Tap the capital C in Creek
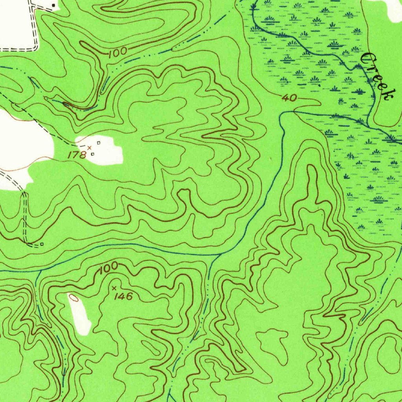(368, 60)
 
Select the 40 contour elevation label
(289, 98)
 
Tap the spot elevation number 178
(77, 155)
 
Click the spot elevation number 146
(124, 296)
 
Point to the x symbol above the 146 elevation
(114, 288)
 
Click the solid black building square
(54, 5)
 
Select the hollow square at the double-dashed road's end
(42, 244)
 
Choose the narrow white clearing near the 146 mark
(80, 314)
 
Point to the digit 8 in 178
(83, 155)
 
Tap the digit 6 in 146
(129, 296)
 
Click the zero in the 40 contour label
(293, 98)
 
